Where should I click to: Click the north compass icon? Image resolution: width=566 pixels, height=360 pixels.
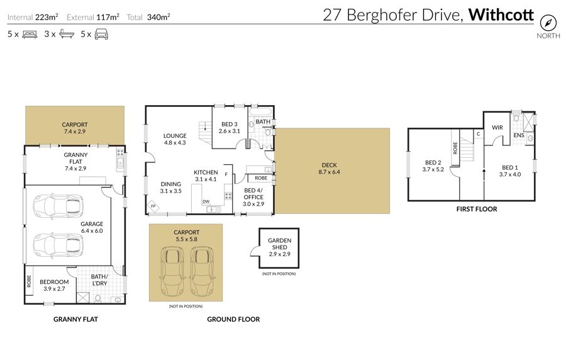548,23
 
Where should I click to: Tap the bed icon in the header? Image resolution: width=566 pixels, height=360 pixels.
30,35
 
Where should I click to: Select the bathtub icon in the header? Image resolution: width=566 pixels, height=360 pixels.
67,34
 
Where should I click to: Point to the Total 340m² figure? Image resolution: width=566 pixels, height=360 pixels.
148,17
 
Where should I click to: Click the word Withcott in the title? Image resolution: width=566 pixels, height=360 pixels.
501,15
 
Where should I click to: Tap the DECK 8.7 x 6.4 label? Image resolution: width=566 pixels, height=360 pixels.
329,169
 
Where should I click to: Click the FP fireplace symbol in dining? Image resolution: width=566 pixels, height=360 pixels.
153,206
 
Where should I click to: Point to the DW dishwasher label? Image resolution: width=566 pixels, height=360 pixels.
206,201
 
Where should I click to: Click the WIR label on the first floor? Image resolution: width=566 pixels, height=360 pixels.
497,128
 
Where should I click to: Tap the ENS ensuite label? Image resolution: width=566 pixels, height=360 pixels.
519,135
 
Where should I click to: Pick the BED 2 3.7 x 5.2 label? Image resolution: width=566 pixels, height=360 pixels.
433,166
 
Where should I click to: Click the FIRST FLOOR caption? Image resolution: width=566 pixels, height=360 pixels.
477,209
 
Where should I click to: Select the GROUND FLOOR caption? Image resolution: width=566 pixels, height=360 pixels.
233,319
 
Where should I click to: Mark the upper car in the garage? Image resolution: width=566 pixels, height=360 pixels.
58,206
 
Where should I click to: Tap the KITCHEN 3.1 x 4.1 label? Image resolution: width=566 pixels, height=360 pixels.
206,176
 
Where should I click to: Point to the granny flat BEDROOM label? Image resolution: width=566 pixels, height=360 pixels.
54,285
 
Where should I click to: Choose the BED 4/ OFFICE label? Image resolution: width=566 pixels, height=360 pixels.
253,197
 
